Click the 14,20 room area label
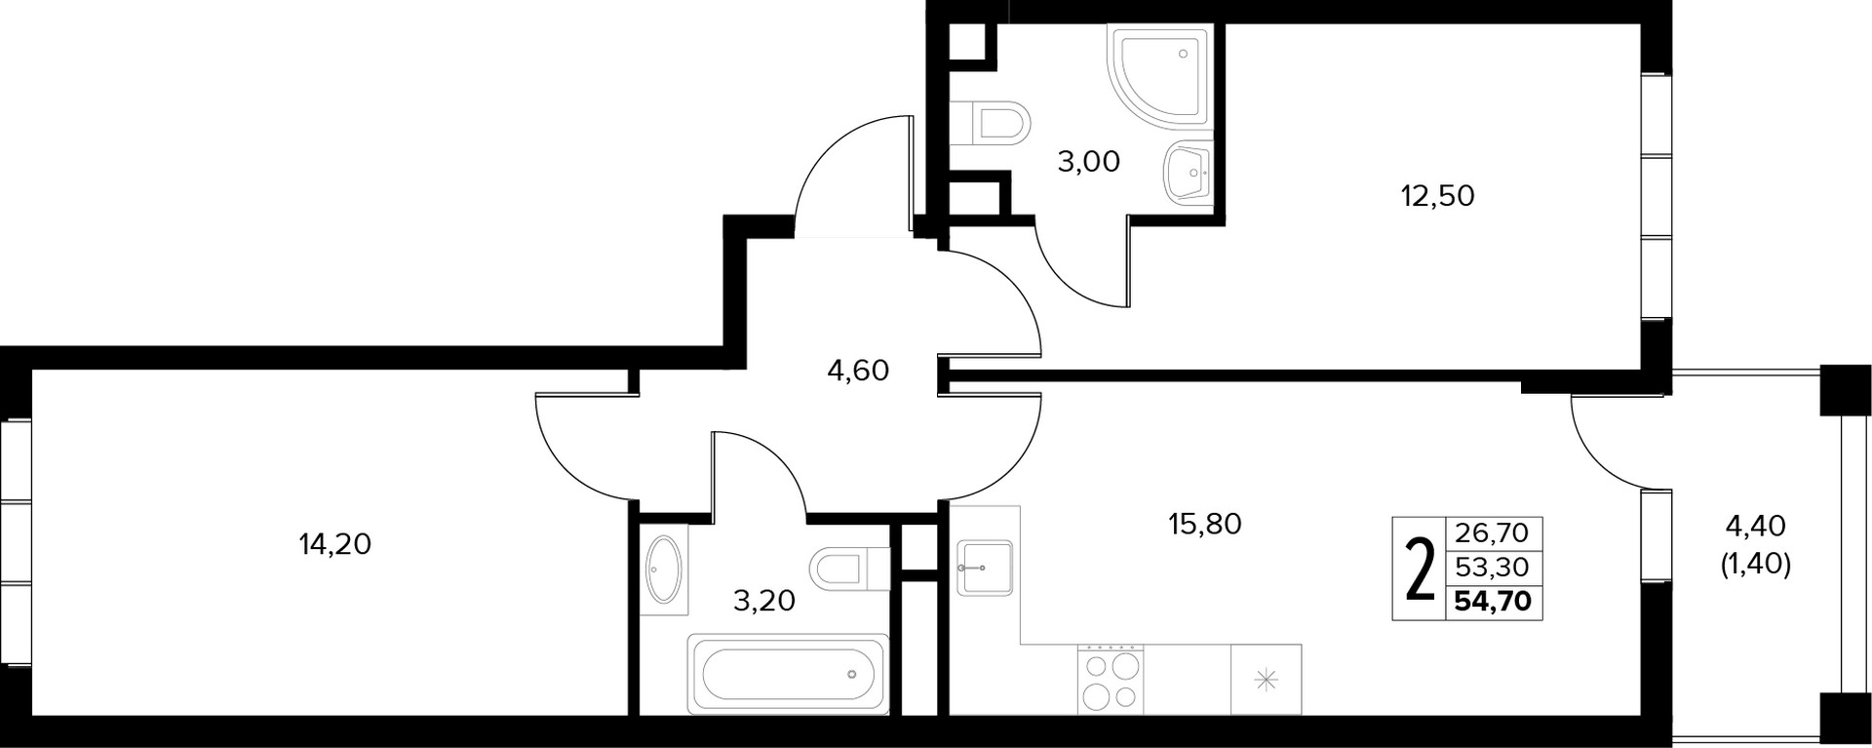[335, 544]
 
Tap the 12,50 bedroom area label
[1437, 196]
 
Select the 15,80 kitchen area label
[1205, 525]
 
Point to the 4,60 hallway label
[858, 371]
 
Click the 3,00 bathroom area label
[1089, 161]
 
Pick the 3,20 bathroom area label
[764, 600]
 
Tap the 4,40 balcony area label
[1755, 527]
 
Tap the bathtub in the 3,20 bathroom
[788, 673]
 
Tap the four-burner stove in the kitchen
[1111, 679]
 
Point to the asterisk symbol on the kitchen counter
[1266, 680]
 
